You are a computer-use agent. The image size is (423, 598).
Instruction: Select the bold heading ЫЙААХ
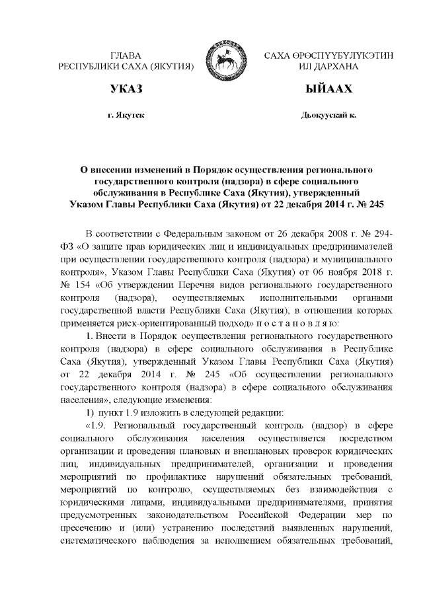328,89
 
